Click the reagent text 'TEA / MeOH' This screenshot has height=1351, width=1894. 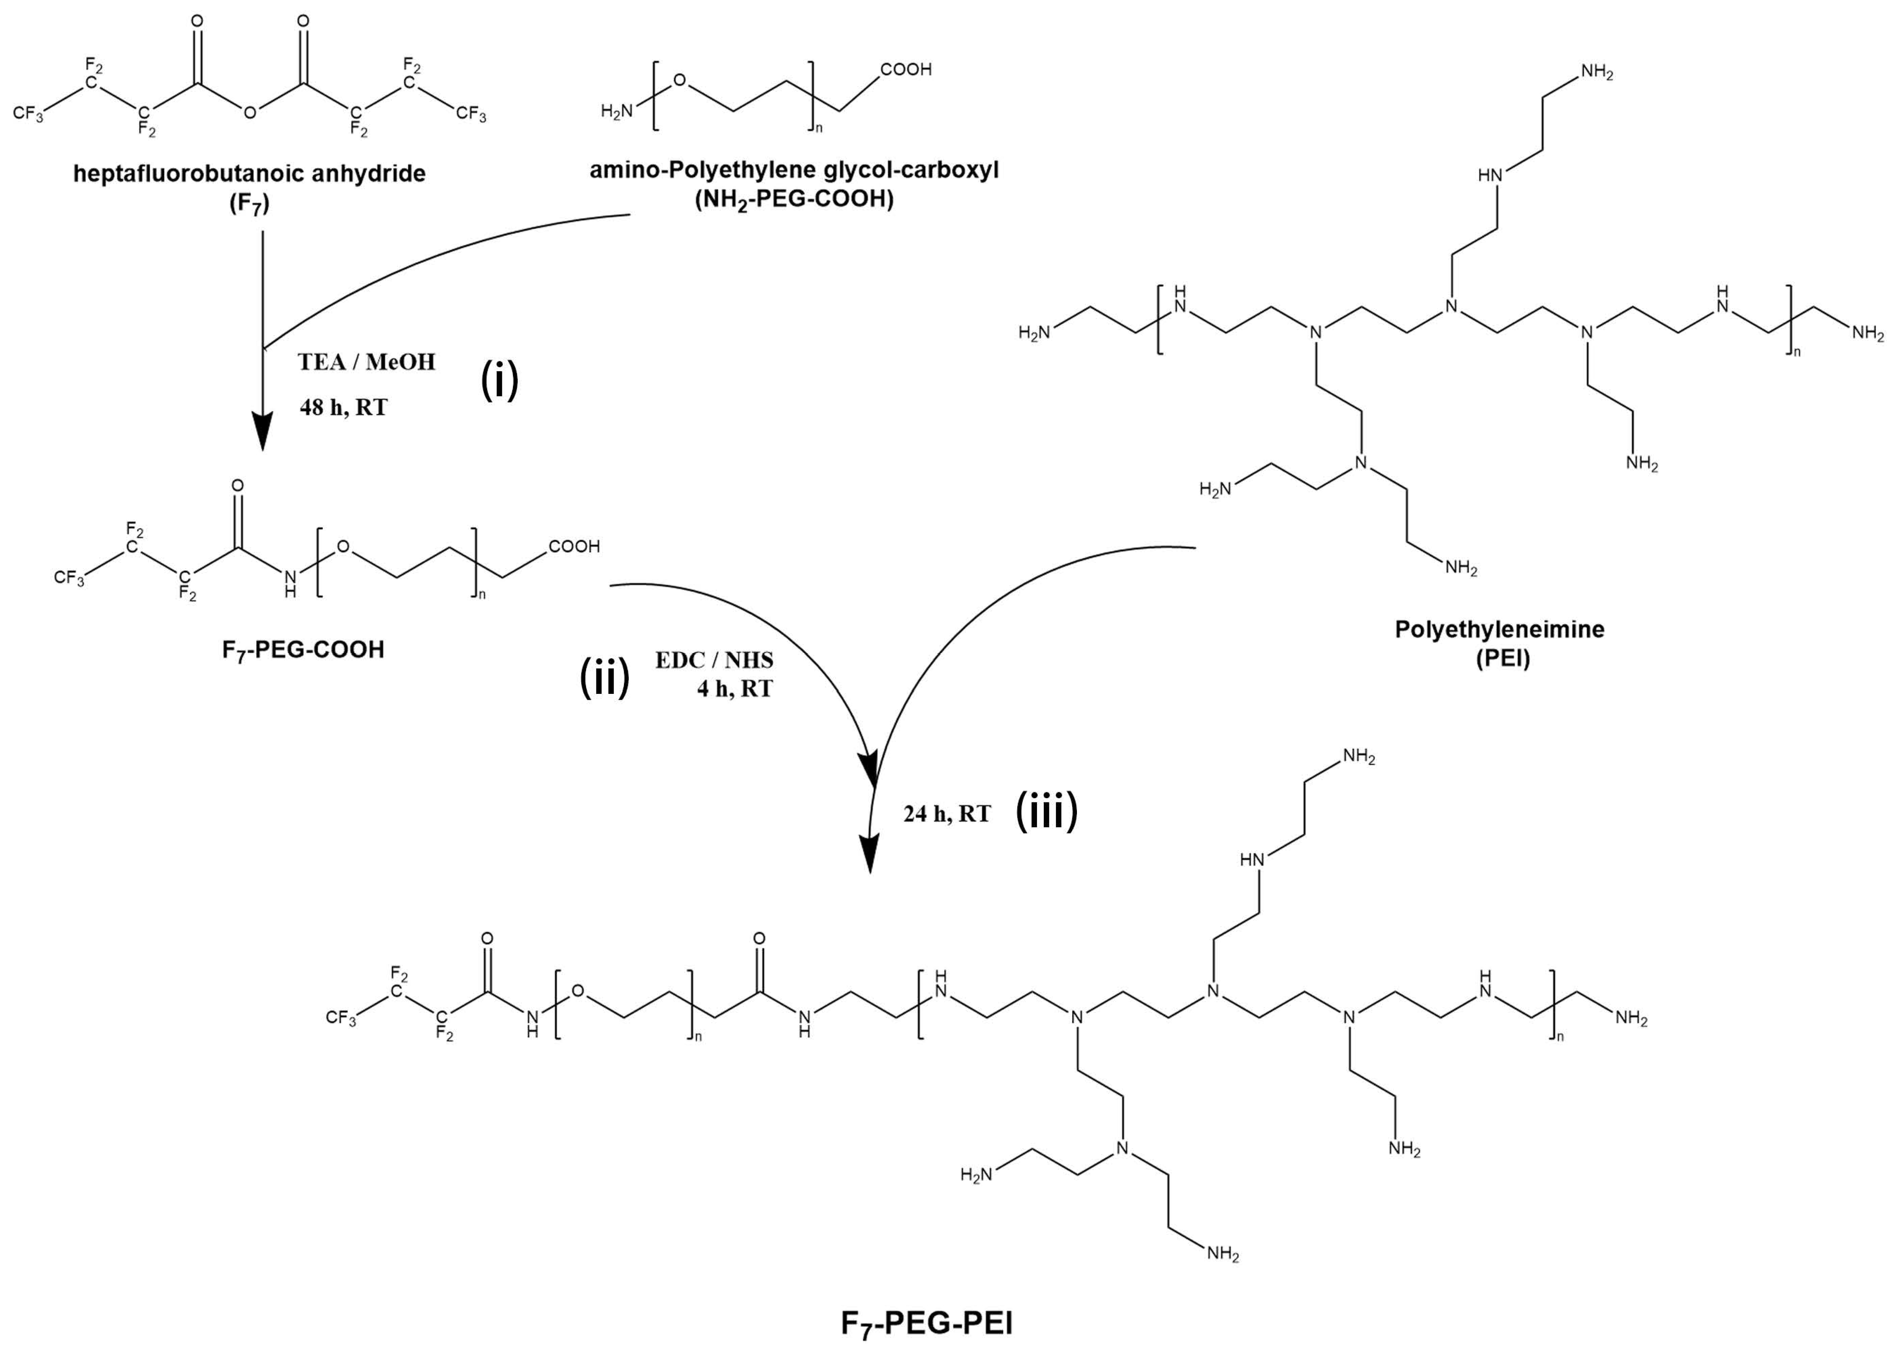[x=366, y=362]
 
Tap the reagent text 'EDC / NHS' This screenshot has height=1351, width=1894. [x=714, y=661]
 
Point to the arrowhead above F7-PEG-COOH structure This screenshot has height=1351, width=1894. [x=263, y=432]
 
